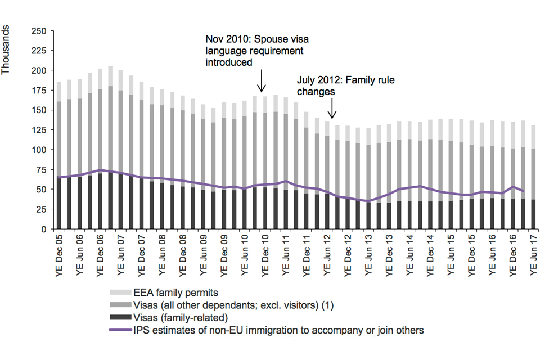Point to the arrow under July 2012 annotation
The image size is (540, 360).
(x=332, y=108)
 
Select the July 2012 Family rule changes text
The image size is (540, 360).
(x=345, y=85)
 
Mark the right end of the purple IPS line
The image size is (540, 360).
(x=523, y=191)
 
